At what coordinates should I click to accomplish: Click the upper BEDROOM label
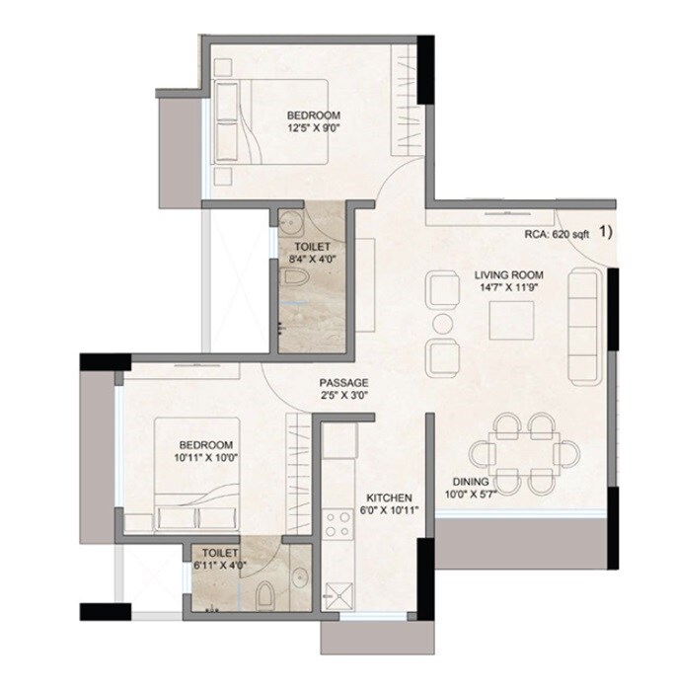click(309, 114)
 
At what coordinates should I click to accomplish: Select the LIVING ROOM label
click(509, 274)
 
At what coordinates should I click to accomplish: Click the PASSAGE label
click(343, 382)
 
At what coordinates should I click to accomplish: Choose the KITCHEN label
click(389, 498)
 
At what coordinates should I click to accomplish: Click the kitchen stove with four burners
click(337, 523)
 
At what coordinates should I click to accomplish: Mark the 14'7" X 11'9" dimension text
click(509, 288)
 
